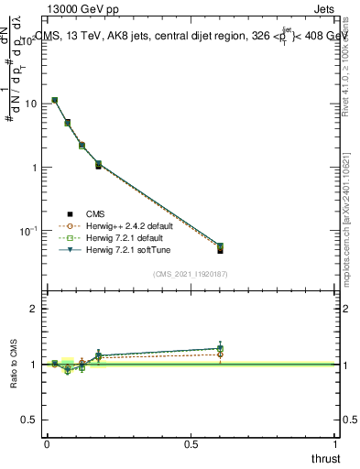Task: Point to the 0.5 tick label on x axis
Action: tap(191, 442)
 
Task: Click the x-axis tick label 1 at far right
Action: tap(337, 442)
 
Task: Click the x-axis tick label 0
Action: tap(47, 442)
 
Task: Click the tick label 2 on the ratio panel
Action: tap(34, 310)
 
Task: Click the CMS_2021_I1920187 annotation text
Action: tap(190, 274)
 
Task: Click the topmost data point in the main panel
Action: tap(55, 100)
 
